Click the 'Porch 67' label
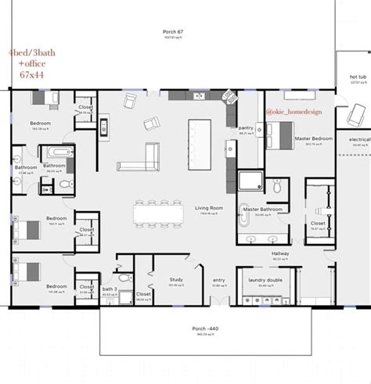(x=173, y=31)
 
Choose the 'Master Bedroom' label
(x=313, y=138)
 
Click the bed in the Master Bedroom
(x=279, y=135)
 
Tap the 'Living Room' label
(x=209, y=208)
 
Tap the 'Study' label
(x=175, y=279)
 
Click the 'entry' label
(x=218, y=280)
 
